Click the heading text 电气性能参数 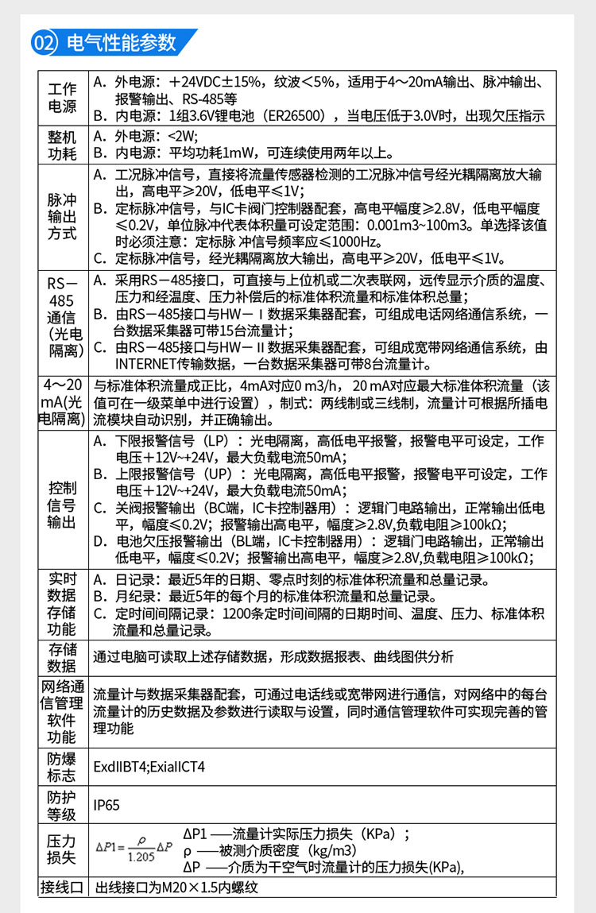(x=121, y=43)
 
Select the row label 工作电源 (x=63, y=98)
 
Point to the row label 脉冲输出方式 (x=63, y=217)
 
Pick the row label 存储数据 (x=63, y=657)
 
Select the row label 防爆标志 (x=63, y=766)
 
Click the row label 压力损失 (x=63, y=849)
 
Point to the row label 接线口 (x=63, y=887)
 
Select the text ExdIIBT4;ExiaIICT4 (x=149, y=767)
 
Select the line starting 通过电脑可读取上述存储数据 (x=273, y=656)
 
